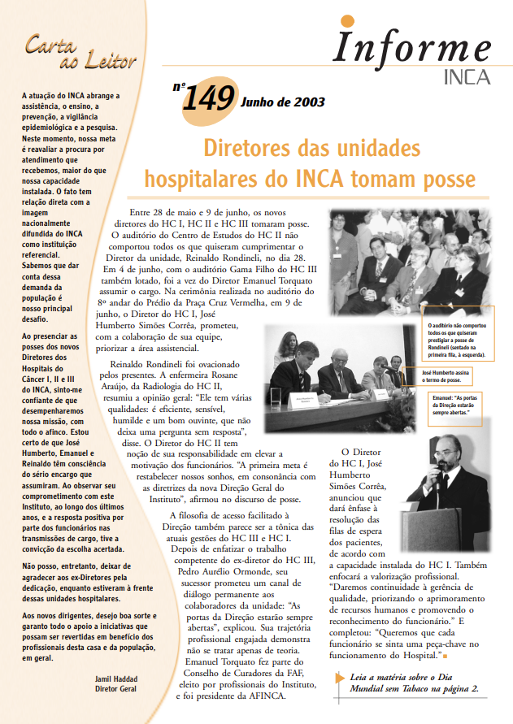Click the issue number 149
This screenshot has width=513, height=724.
[210, 100]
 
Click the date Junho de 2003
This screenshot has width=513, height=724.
[282, 102]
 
